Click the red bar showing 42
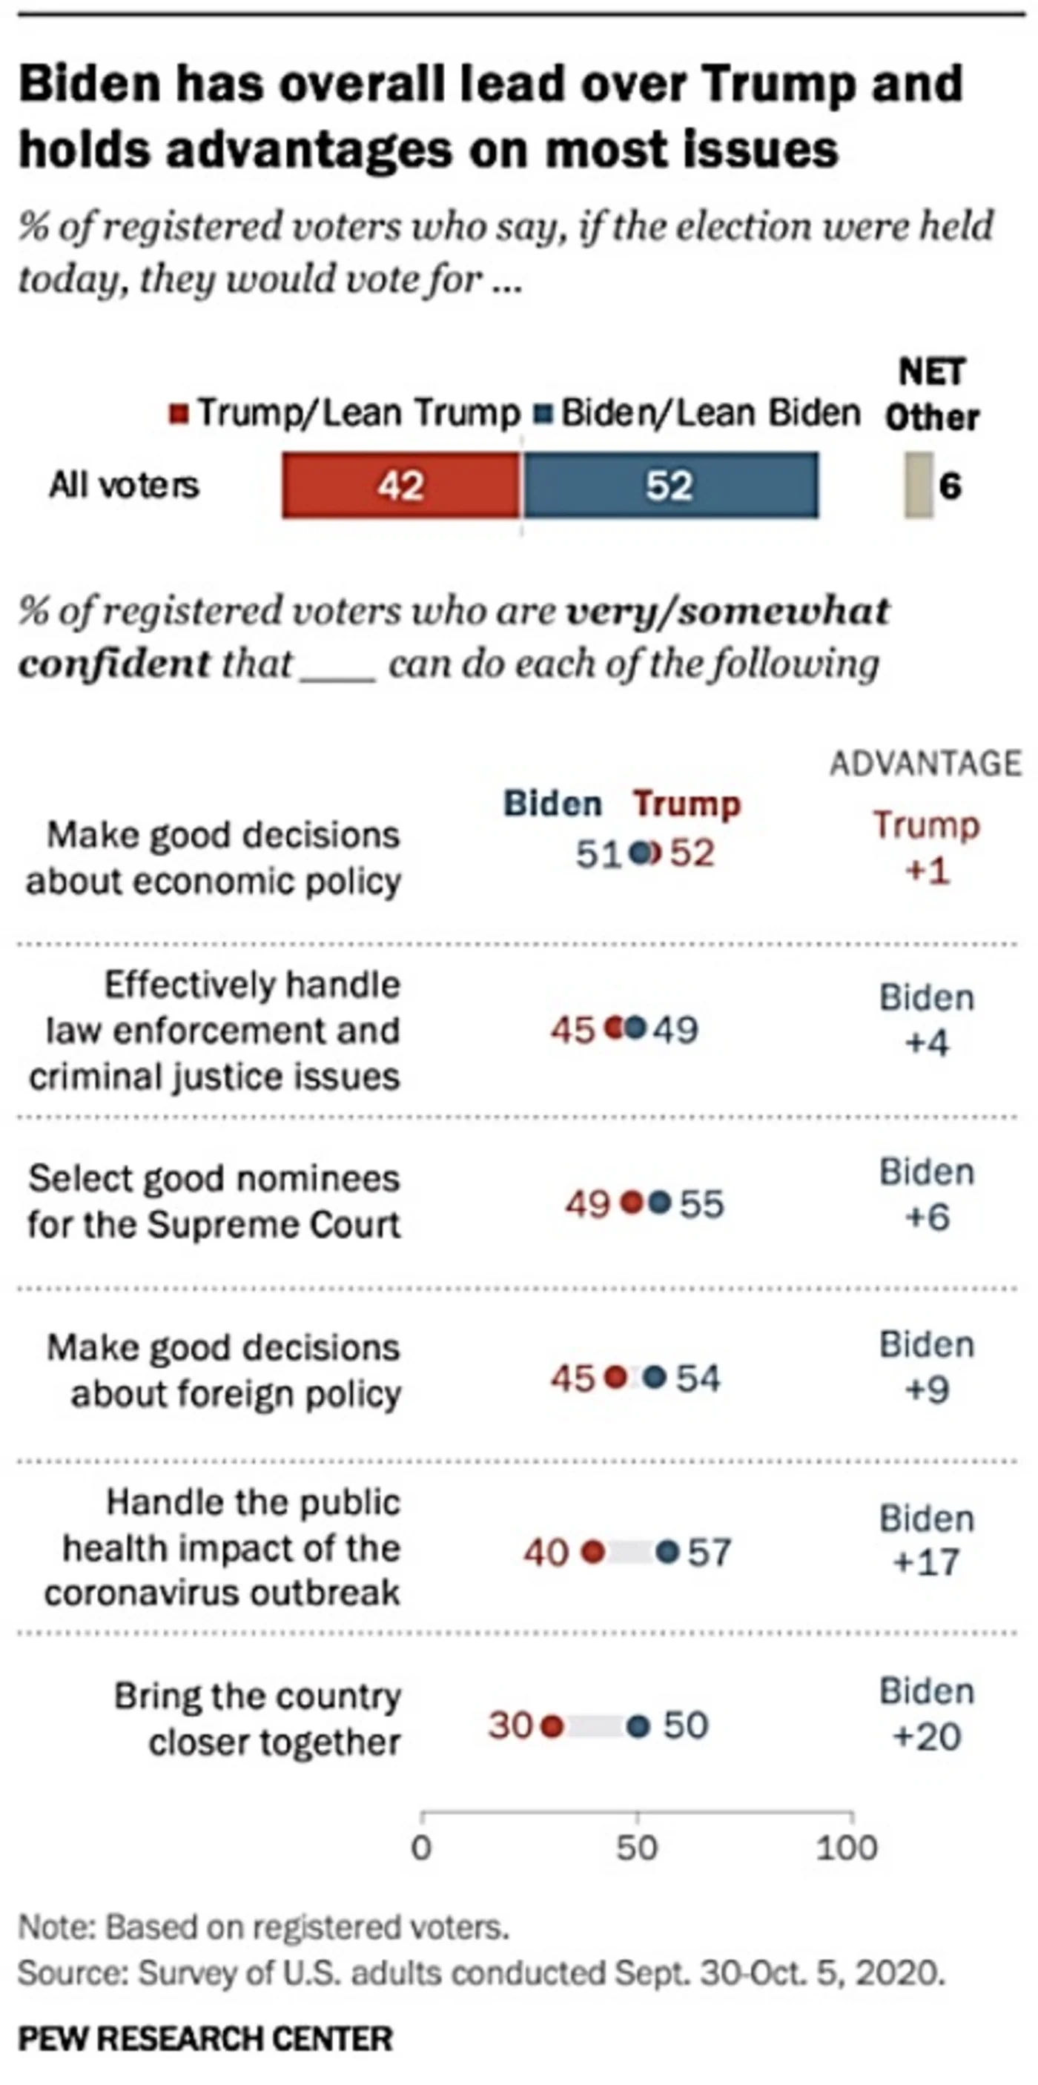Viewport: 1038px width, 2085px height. click(x=400, y=486)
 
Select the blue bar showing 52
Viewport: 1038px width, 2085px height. click(x=670, y=486)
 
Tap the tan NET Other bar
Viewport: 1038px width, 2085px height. click(x=917, y=486)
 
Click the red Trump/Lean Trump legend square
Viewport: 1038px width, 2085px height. click(x=179, y=414)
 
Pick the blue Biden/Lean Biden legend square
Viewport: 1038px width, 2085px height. click(x=543, y=414)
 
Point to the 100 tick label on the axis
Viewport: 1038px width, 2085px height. click(x=847, y=1848)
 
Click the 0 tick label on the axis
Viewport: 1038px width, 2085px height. click(x=422, y=1848)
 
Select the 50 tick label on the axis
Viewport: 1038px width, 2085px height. click(x=637, y=1848)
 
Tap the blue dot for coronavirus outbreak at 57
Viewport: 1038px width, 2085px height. click(x=667, y=1552)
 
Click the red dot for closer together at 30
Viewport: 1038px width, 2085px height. click(x=552, y=1725)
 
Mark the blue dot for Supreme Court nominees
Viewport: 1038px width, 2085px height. click(x=660, y=1203)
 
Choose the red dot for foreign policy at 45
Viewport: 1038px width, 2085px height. click(x=615, y=1377)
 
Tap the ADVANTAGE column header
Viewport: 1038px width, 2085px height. click(x=925, y=763)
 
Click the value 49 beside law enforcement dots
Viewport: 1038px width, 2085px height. click(x=675, y=1030)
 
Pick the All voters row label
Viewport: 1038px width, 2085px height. click(x=124, y=486)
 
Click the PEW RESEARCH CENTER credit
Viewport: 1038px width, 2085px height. click(x=205, y=2038)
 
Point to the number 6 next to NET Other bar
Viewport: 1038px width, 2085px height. click(x=951, y=486)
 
